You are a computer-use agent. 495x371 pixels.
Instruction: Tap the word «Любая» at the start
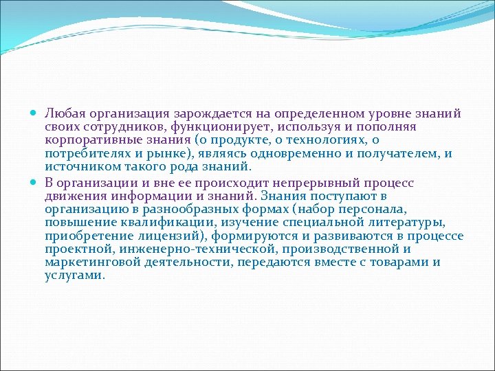tap(64, 113)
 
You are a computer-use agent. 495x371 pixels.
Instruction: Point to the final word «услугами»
tap(75, 276)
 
